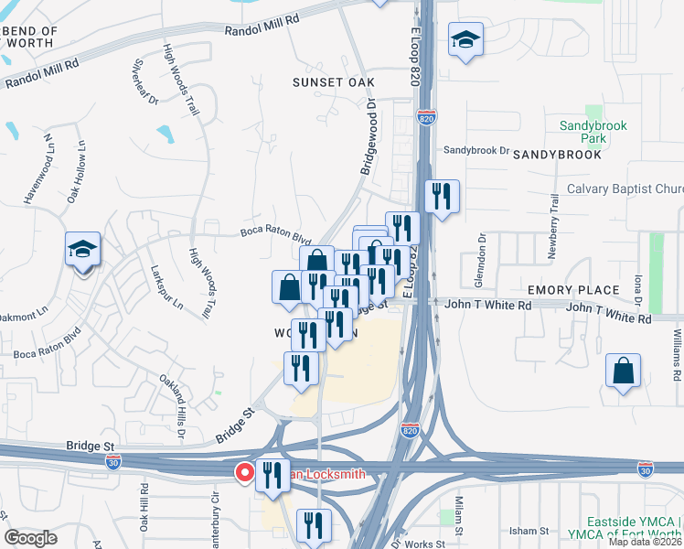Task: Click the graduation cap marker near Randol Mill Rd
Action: click(x=465, y=40)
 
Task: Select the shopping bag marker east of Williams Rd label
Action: click(x=623, y=371)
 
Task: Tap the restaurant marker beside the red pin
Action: click(x=272, y=476)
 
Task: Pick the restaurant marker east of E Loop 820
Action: click(x=442, y=197)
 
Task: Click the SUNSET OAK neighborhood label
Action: click(x=333, y=81)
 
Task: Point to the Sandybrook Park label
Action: click(x=582, y=132)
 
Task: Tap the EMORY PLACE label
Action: click(x=573, y=290)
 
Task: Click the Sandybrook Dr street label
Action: click(x=475, y=150)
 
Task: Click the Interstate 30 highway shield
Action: click(x=646, y=468)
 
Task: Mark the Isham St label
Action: click(x=529, y=531)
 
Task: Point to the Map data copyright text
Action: click(x=644, y=542)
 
